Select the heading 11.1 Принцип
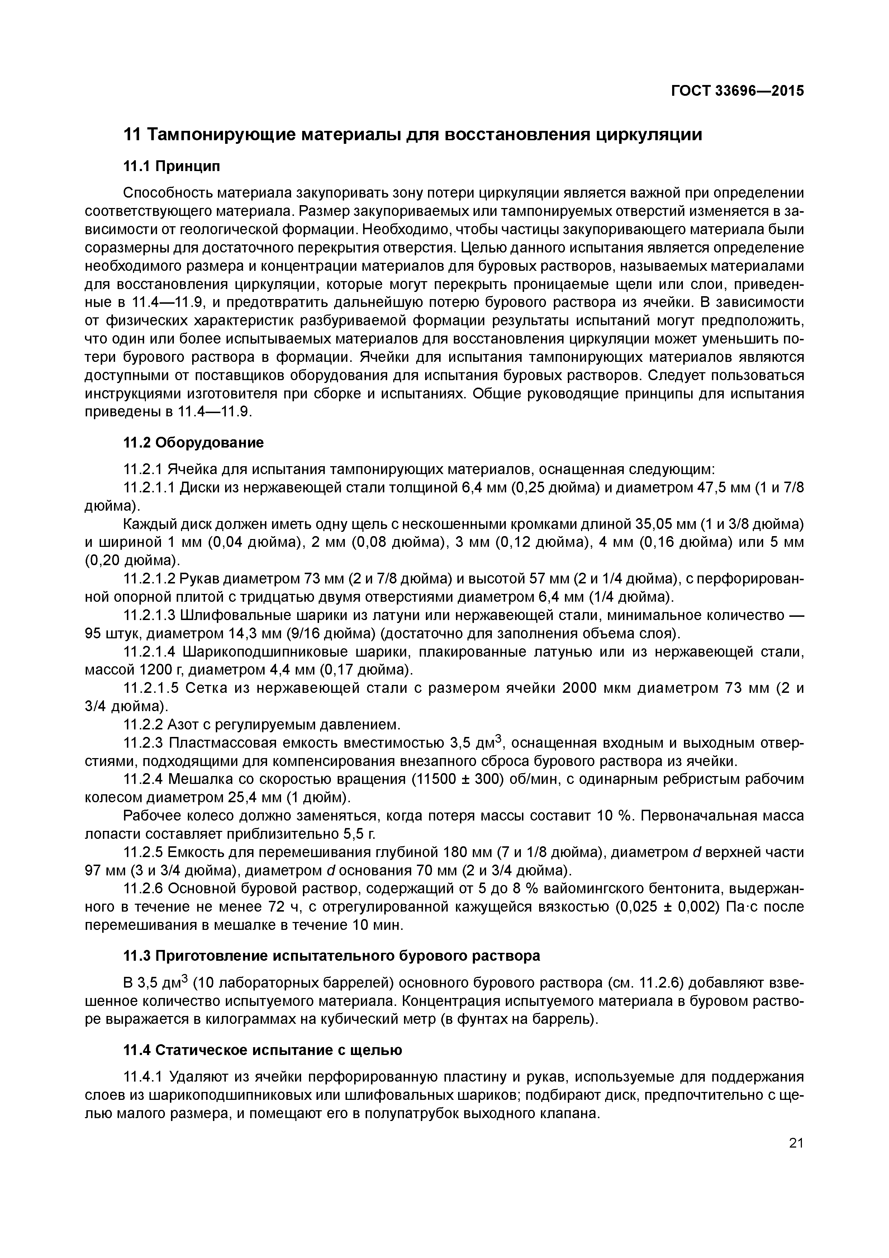[x=171, y=166]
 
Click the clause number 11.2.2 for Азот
[x=143, y=724]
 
